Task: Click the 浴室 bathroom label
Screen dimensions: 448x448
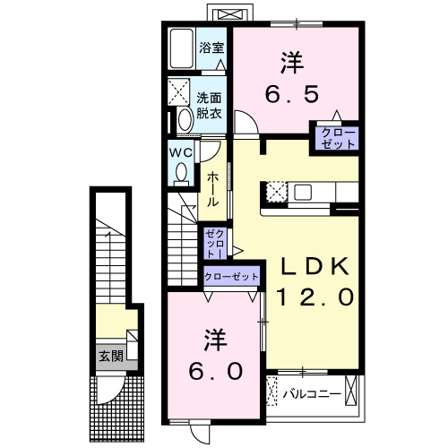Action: [x=212, y=47]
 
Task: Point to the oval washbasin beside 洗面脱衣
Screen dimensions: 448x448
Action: [x=185, y=119]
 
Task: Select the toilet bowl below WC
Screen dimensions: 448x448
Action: [x=183, y=171]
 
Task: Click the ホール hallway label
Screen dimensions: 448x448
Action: [x=213, y=190]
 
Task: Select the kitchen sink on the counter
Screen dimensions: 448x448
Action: [x=301, y=192]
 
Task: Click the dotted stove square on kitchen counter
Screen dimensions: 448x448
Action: [x=275, y=192]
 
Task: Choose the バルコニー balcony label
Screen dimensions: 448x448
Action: [x=312, y=393]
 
